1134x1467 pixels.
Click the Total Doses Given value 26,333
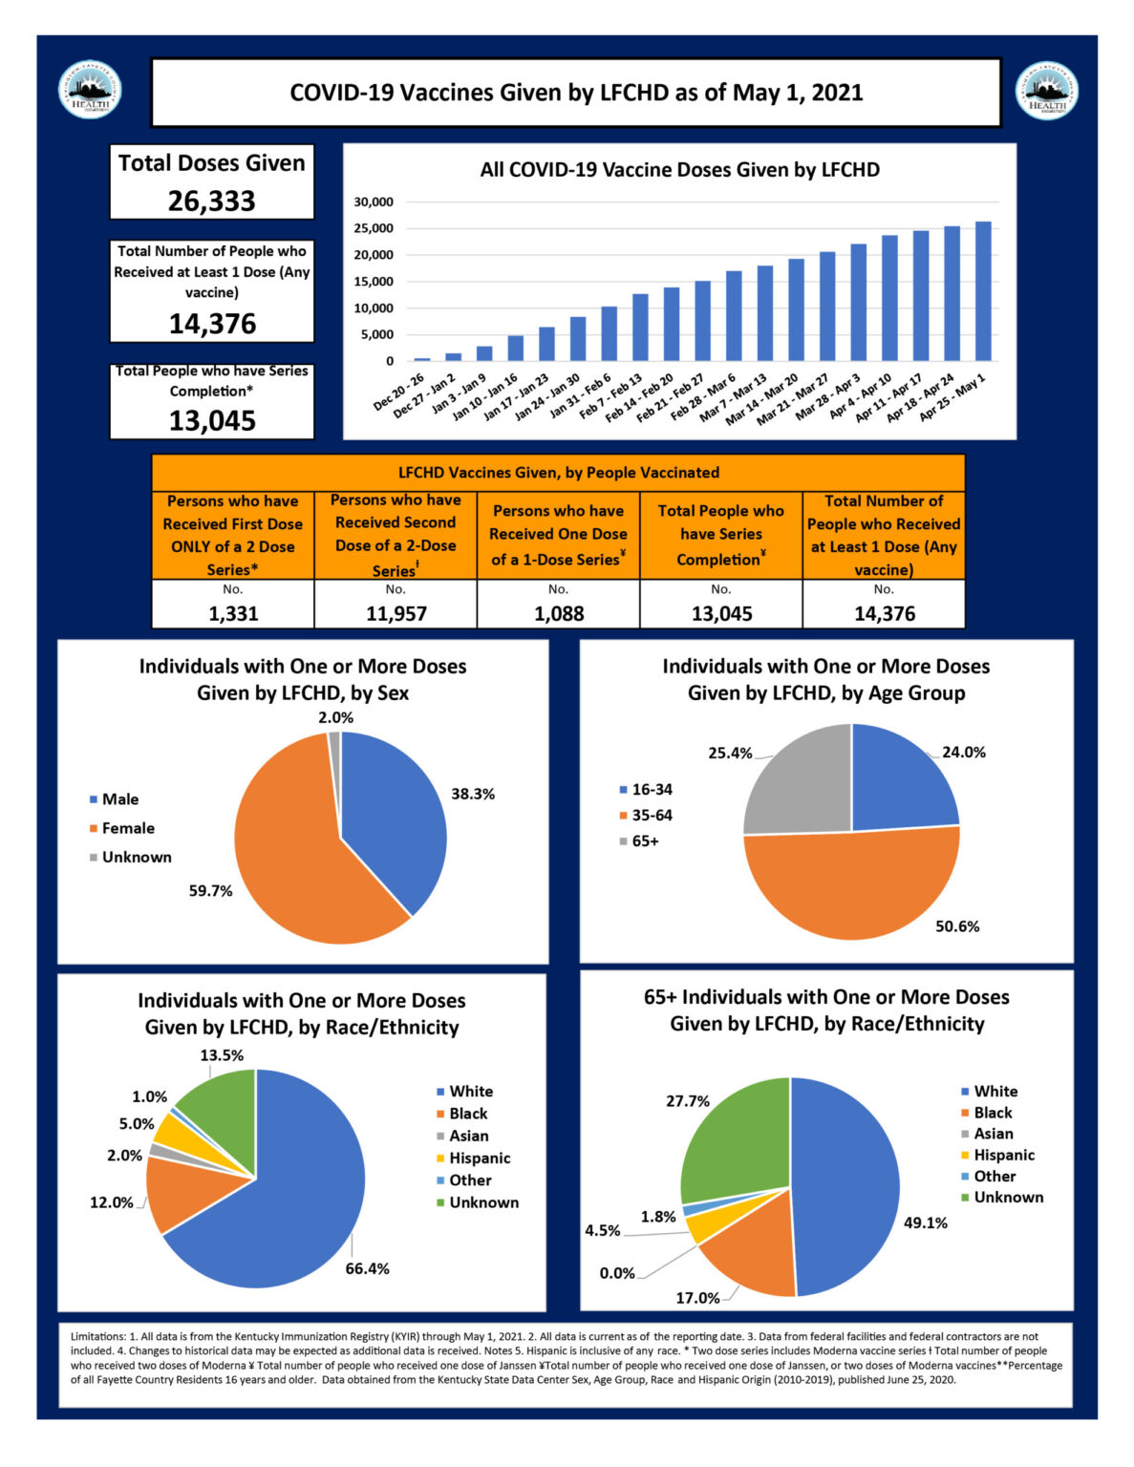[x=212, y=201]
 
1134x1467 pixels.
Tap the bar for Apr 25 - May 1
[x=983, y=291]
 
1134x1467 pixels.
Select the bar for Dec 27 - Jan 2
[x=453, y=357]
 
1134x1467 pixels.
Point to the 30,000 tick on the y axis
[x=374, y=202]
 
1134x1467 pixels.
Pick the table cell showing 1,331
[x=233, y=613]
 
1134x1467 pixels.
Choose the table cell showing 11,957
[x=396, y=613]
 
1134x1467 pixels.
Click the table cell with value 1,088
[x=559, y=613]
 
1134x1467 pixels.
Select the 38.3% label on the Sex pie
[x=473, y=794]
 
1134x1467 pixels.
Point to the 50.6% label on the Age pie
[x=957, y=925]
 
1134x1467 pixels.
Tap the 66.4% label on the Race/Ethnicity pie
[x=367, y=1268]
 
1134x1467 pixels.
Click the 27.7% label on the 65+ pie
[x=688, y=1101]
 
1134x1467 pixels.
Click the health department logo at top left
[x=90, y=91]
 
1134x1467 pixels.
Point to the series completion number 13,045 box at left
[x=212, y=420]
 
